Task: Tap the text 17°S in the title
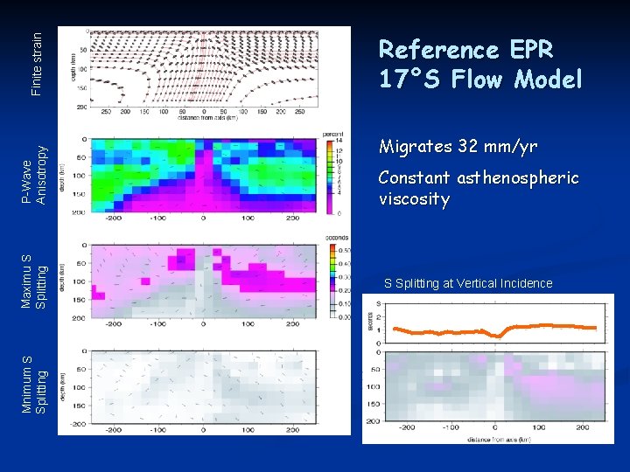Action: pyautogui.click(x=409, y=80)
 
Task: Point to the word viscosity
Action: pyautogui.click(x=414, y=199)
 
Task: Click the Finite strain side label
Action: pyautogui.click(x=36, y=63)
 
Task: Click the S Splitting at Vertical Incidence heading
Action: pyautogui.click(x=469, y=283)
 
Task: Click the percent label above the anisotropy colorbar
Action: pyautogui.click(x=332, y=133)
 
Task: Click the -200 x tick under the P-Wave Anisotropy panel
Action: pyautogui.click(x=112, y=219)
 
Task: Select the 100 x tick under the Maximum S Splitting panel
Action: pyautogui.click(x=248, y=323)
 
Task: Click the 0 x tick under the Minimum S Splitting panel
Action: pyautogui.click(x=203, y=430)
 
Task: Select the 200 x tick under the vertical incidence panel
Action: pyautogui.click(x=583, y=428)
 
